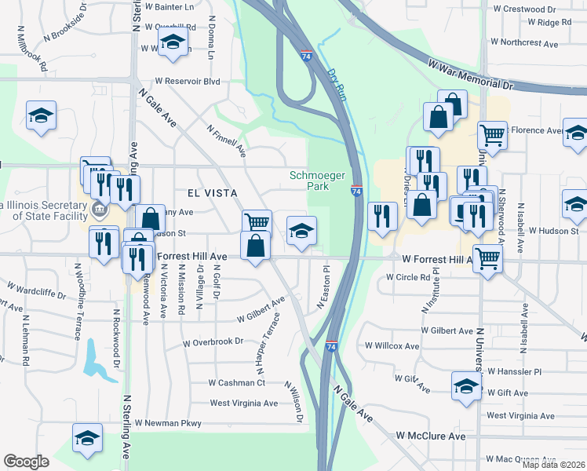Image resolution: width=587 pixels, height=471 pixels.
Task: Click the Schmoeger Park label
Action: (318, 181)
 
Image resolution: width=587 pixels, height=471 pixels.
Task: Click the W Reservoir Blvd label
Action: (187, 81)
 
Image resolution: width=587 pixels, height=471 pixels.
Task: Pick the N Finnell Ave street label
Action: (227, 141)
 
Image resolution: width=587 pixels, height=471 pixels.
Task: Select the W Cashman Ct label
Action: (237, 382)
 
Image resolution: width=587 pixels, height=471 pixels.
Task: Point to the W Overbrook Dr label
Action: (213, 342)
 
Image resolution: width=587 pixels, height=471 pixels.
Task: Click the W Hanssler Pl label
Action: (515, 371)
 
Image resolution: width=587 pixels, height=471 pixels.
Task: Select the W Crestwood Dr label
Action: (523, 9)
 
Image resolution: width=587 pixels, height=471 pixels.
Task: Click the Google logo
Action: (26, 462)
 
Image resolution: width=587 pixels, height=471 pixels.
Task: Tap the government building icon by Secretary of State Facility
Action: (99, 210)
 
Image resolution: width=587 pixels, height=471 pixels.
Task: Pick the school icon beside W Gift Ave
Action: (466, 385)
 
